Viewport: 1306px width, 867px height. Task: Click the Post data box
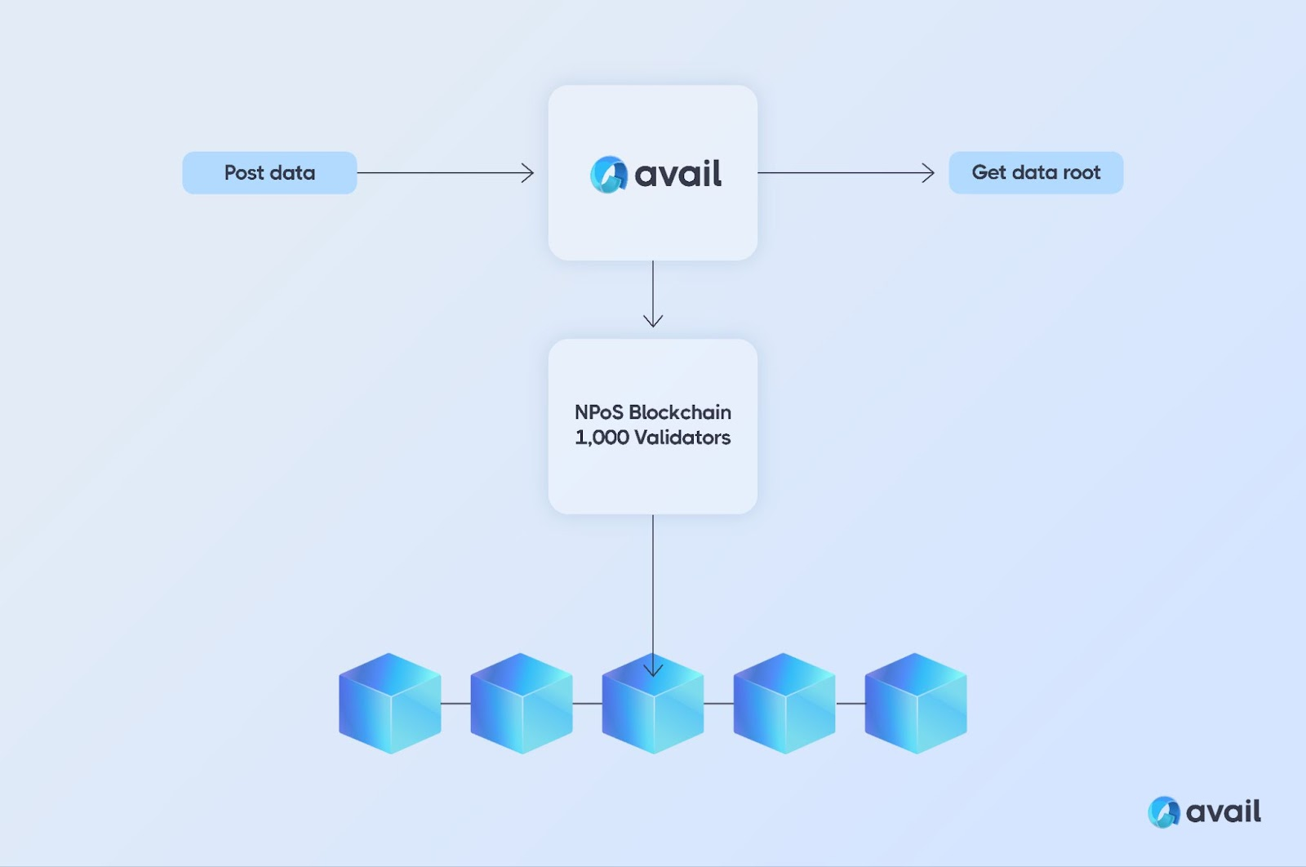pos(269,172)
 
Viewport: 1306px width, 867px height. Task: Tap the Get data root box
pos(1036,172)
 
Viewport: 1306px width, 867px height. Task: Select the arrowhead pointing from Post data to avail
pos(527,172)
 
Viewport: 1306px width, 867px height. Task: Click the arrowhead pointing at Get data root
pos(928,172)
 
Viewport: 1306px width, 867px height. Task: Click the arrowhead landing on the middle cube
pos(653,669)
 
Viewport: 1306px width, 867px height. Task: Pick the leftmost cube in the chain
pos(390,703)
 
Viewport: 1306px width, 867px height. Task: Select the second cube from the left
pos(522,703)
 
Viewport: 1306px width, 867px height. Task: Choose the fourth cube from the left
pos(784,703)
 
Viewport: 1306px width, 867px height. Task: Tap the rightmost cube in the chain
pos(916,703)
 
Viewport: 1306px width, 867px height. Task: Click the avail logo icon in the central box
pos(609,175)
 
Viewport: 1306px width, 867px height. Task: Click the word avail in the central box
pos(678,174)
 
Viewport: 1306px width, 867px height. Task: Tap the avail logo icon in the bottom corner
pos(1164,812)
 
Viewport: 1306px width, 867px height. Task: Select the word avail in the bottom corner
pos(1224,811)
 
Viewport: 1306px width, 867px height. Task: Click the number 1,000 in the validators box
pos(602,438)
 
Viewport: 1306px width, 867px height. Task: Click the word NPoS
pos(599,412)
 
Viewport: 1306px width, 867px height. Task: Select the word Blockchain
pos(680,412)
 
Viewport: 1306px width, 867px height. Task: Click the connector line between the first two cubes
pos(455,704)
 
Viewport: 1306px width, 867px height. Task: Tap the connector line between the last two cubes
pos(851,704)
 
